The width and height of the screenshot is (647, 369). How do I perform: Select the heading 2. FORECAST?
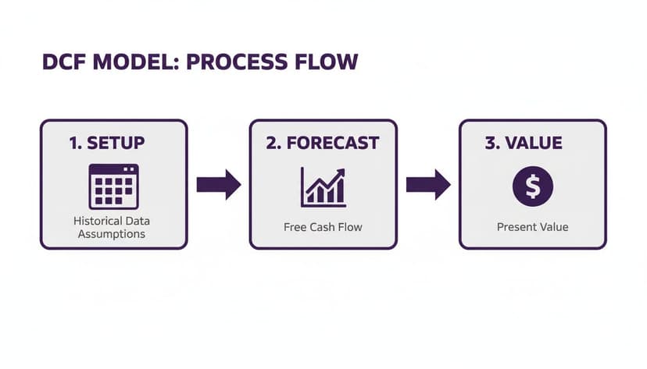pos(323,144)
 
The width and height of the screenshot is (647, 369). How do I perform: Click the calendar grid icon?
pos(113,186)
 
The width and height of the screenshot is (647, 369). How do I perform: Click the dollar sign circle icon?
pos(532,186)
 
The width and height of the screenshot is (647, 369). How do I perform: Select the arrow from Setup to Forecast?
pos(218,185)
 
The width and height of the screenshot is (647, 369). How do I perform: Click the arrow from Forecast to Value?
pos(427,185)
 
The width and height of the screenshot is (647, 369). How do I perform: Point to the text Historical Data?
pos(111,222)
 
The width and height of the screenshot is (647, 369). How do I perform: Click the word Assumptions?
pos(111,234)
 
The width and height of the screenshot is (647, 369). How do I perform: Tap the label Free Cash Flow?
pos(323,228)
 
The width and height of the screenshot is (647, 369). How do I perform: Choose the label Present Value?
pos(532,227)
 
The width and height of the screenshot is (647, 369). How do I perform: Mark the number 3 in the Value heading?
pos(491,144)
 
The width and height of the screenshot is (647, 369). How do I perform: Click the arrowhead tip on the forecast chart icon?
pos(342,170)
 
